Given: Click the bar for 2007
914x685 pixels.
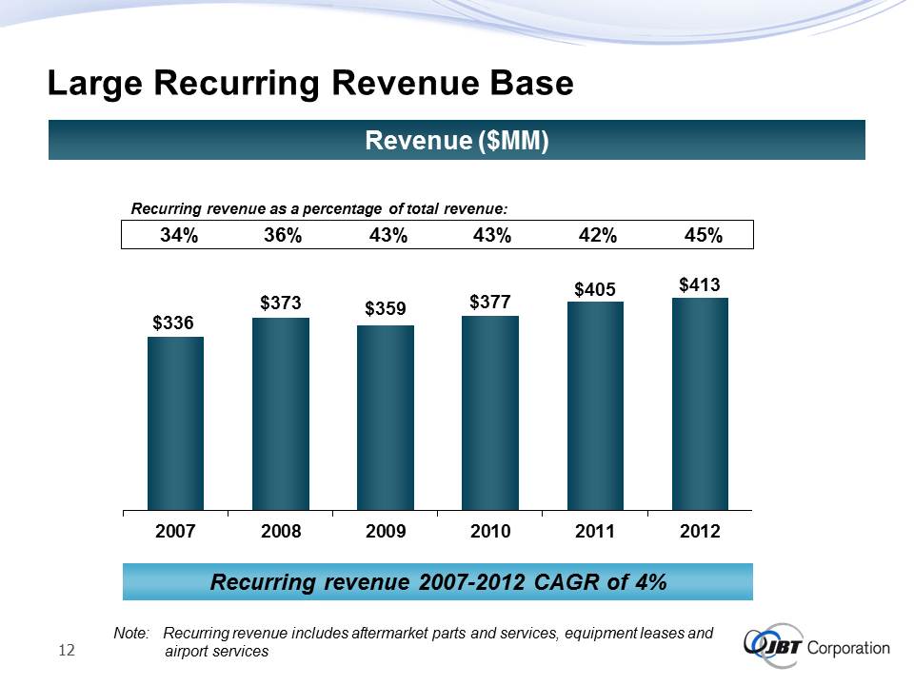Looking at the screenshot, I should click(175, 423).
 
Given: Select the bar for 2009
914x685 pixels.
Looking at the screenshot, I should click(386, 418).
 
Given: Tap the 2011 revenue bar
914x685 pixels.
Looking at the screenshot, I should click(595, 406).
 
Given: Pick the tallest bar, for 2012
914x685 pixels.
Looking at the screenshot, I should click(700, 404).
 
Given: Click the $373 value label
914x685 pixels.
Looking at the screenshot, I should click(281, 303).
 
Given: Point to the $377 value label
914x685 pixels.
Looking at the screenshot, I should click(490, 302).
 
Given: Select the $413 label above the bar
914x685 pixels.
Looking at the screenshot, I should click(700, 284).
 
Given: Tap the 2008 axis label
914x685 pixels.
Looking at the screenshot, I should click(281, 533).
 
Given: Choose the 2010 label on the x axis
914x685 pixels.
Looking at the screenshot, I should click(490, 533).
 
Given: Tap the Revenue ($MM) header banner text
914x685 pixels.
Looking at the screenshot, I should click(457, 141).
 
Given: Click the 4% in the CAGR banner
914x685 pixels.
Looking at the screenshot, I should click(649, 582).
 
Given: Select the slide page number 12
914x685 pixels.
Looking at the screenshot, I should click(67, 650).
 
